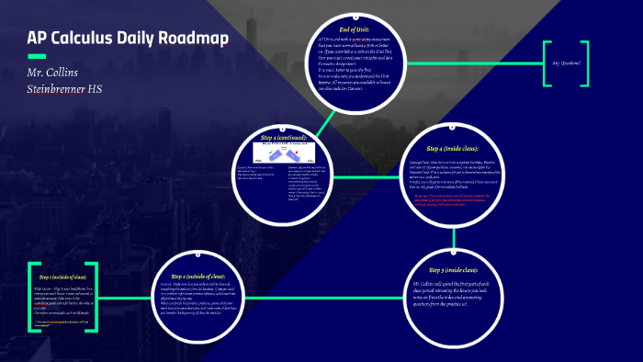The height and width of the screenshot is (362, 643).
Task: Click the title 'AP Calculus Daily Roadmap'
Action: tap(128, 39)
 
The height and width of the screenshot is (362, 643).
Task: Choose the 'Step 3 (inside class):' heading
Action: tap(453, 269)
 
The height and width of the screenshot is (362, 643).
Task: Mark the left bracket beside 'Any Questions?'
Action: tap(546, 63)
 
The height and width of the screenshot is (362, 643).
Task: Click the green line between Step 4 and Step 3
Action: tap(454, 237)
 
